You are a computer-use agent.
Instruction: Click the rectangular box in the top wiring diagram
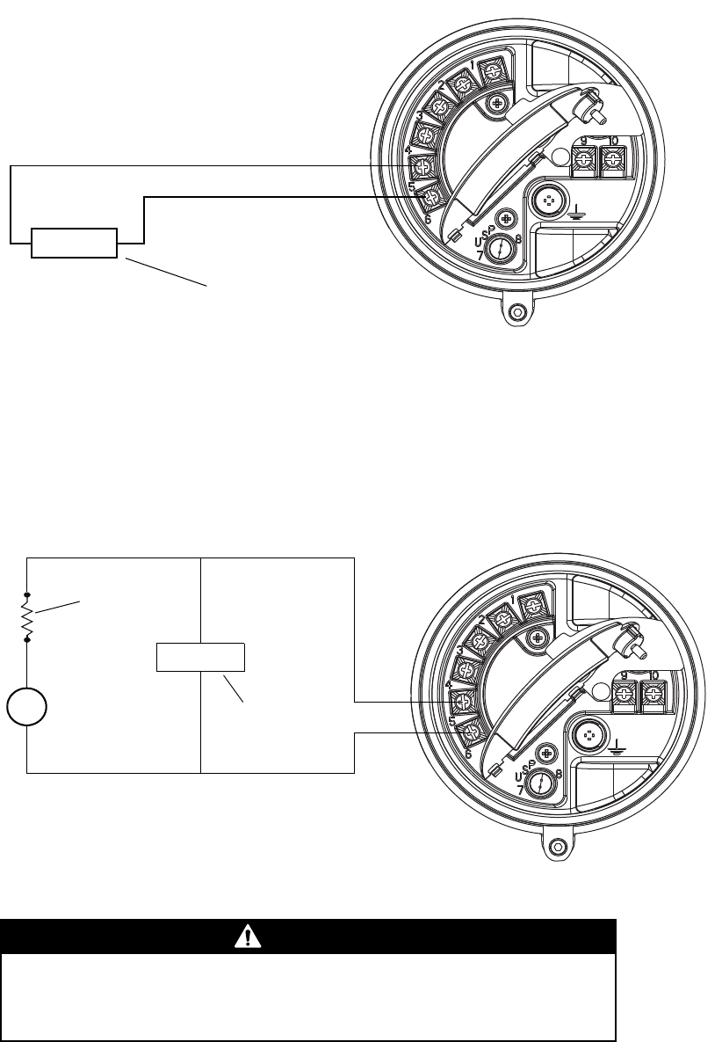(74, 242)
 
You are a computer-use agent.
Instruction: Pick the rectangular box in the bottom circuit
(201, 657)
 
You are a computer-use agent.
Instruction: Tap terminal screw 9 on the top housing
(583, 159)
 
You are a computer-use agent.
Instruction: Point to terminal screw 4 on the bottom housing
(461, 703)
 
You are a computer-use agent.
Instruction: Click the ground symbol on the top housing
(578, 211)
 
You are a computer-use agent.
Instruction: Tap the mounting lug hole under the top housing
(518, 312)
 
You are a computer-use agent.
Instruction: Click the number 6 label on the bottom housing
(466, 754)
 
